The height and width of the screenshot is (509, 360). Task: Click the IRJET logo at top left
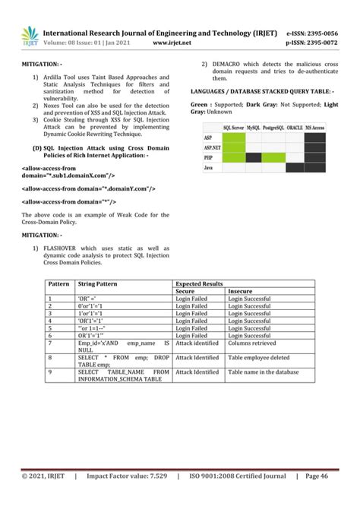point(29,35)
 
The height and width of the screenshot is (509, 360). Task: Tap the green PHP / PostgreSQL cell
point(274,157)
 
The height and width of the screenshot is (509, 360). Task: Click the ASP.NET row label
point(212,147)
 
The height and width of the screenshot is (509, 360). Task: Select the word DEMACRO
point(229,64)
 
